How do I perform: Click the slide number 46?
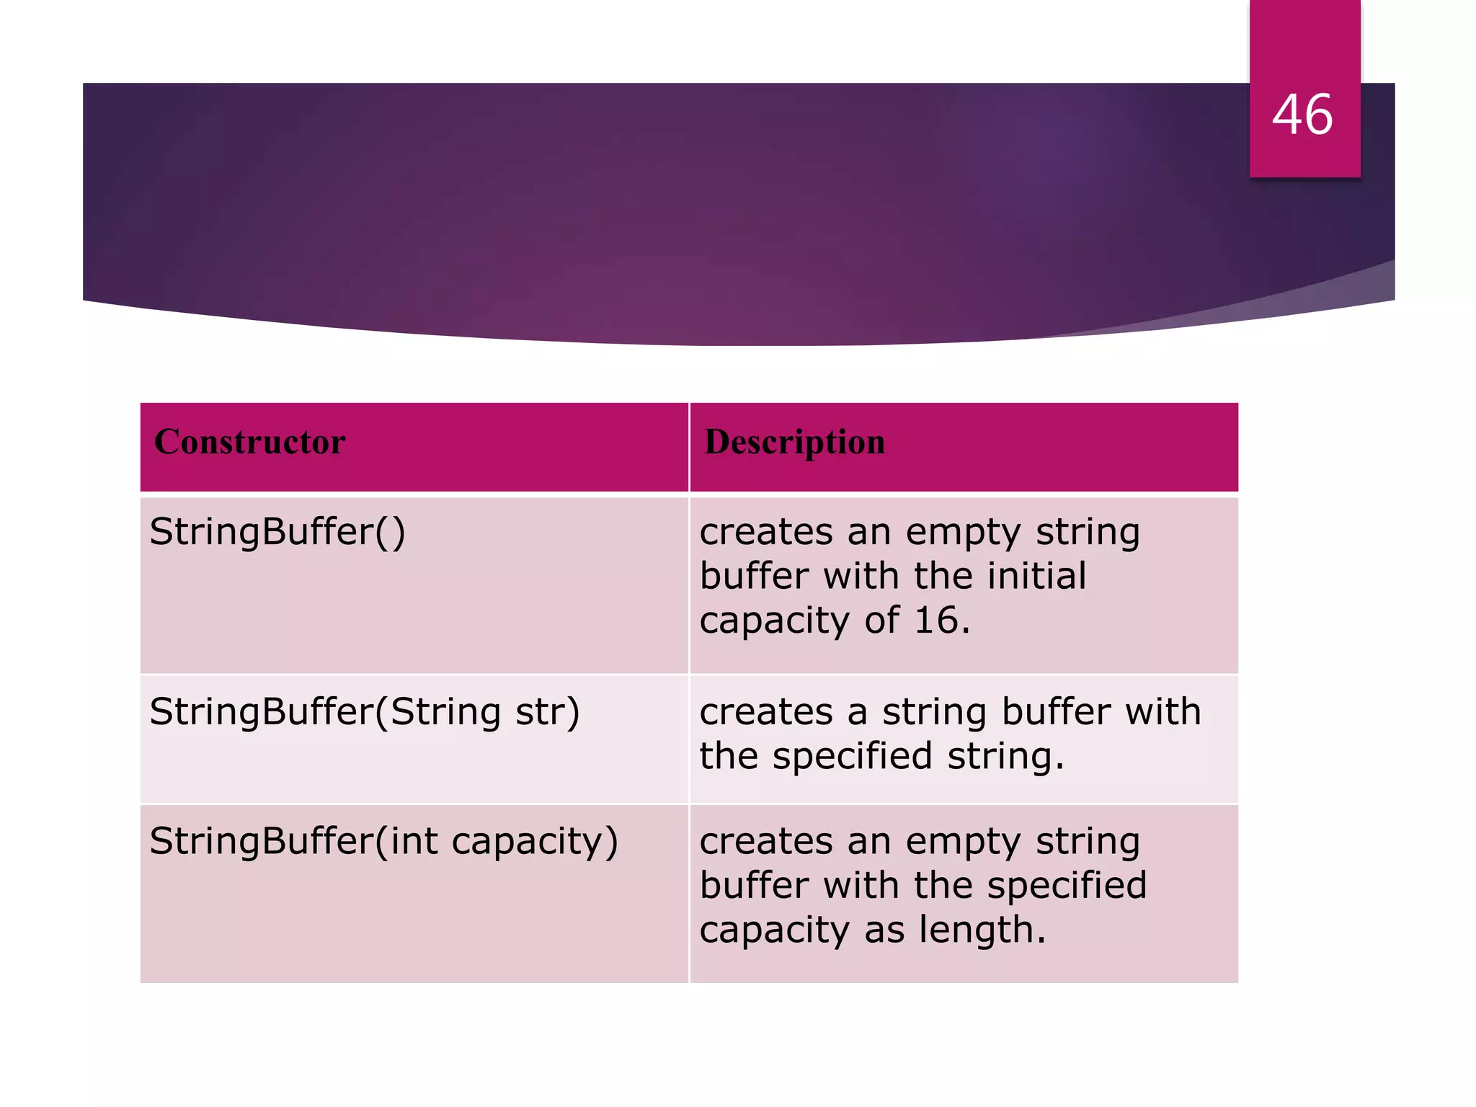pos(1302,115)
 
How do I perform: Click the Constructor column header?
pos(249,442)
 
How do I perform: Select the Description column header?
pos(794,442)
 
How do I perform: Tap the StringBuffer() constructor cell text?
pos(277,533)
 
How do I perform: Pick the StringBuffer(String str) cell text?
pos(364,712)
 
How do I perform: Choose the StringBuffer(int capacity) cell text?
pos(383,841)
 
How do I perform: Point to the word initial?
pos(1036,577)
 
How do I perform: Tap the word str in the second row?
pos(546,712)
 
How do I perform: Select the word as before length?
pos(884,930)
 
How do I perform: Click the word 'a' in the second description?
pos(857,713)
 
